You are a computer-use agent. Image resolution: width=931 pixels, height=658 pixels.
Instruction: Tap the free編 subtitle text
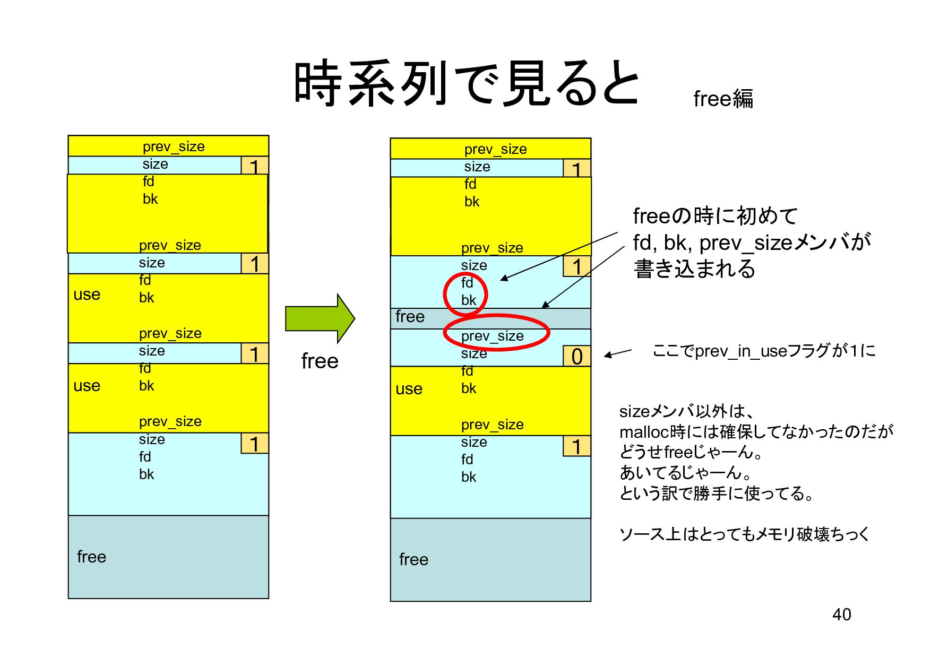pyautogui.click(x=723, y=99)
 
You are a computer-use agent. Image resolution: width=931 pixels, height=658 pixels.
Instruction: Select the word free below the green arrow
pyautogui.click(x=320, y=361)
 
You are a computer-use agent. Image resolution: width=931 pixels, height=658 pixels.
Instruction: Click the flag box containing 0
pyautogui.click(x=577, y=356)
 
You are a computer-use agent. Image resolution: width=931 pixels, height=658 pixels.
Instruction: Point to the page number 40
pyautogui.click(x=841, y=614)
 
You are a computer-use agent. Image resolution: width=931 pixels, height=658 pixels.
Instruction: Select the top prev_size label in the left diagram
pyautogui.click(x=174, y=146)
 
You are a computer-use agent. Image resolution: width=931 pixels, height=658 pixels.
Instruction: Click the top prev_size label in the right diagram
pyautogui.click(x=495, y=149)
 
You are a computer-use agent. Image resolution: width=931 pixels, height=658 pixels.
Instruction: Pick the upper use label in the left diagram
pyautogui.click(x=87, y=295)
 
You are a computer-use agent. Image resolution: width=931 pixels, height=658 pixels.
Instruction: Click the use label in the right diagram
pyautogui.click(x=409, y=389)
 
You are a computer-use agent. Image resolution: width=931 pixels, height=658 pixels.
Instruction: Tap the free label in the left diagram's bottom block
pyautogui.click(x=91, y=557)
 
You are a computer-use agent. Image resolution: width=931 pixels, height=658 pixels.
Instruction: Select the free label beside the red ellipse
pyautogui.click(x=410, y=317)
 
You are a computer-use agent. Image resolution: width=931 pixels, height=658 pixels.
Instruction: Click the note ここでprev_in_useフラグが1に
pyautogui.click(x=764, y=351)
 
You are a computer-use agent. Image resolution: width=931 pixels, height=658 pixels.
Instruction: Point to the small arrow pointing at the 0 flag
pyautogui.click(x=618, y=353)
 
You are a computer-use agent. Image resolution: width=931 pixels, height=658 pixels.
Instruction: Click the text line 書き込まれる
pyautogui.click(x=694, y=269)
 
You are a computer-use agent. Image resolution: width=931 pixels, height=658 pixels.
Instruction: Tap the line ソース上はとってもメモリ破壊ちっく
pyautogui.click(x=744, y=534)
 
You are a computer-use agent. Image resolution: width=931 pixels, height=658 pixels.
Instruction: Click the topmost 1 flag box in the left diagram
pyautogui.click(x=255, y=166)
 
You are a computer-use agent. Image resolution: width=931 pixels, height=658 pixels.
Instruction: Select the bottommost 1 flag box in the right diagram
pyautogui.click(x=577, y=446)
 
